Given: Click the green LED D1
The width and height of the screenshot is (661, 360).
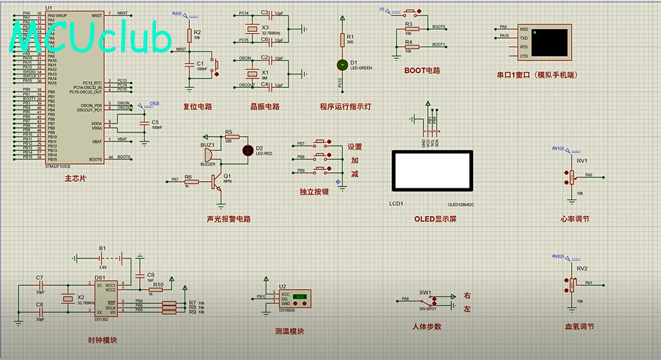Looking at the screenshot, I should click(342, 65).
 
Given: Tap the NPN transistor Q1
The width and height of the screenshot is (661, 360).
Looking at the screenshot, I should click(216, 181).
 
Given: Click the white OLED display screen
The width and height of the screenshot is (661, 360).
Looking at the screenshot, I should click(432, 171).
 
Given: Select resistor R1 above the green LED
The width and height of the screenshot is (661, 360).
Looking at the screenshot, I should click(342, 40).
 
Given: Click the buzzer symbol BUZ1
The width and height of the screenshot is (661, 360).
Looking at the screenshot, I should click(208, 155).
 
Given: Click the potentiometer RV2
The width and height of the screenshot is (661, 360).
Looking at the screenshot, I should click(571, 284).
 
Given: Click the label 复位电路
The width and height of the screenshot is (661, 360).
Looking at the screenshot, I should click(197, 107).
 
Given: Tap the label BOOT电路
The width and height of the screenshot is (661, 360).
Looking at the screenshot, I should click(422, 70).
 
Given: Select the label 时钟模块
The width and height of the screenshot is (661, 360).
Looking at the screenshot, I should click(102, 340).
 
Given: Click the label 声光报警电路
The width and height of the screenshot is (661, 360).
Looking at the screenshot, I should click(228, 219).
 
